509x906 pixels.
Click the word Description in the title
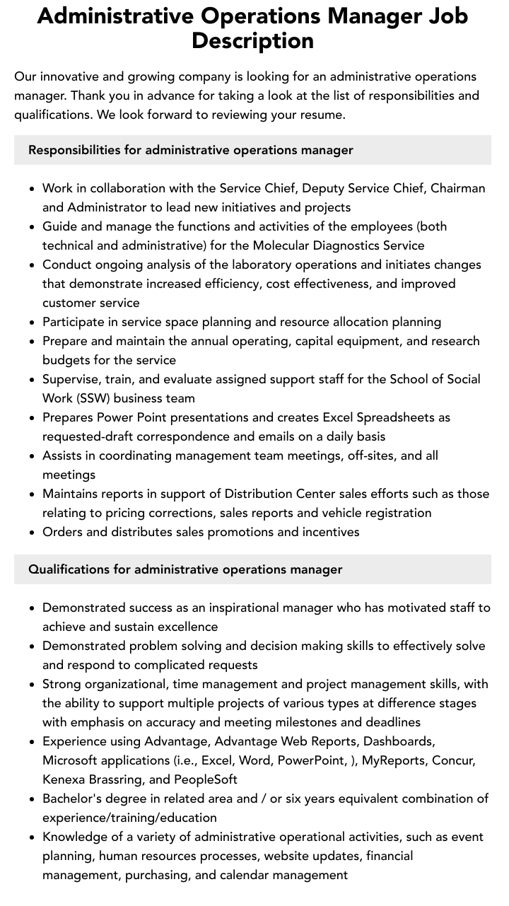click(252, 40)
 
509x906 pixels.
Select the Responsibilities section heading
click(190, 150)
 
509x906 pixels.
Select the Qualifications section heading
click(185, 569)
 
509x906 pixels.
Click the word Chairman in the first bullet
click(457, 188)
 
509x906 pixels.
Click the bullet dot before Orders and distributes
click(32, 533)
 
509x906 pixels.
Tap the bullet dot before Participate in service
click(32, 323)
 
